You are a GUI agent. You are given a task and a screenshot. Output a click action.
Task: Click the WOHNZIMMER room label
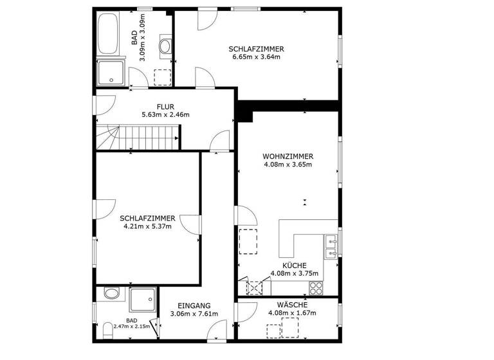[288, 156]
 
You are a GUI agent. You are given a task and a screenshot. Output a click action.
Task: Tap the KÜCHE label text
[294, 265]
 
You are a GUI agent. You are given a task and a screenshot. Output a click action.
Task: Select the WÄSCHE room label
[291, 305]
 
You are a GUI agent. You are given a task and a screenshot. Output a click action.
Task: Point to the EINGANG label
[194, 305]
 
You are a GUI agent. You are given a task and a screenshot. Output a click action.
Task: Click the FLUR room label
[165, 107]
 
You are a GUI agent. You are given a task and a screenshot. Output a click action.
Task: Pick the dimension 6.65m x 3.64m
[256, 57]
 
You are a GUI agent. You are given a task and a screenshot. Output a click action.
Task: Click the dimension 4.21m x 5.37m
[147, 226]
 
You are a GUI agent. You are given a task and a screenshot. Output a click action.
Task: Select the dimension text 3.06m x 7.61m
[194, 314]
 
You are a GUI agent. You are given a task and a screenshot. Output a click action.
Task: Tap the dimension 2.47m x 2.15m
[131, 327]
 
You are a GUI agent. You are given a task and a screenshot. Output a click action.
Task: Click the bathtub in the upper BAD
[108, 36]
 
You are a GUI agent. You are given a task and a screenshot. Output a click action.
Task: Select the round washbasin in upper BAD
[165, 46]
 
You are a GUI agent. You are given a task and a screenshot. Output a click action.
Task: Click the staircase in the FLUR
[136, 137]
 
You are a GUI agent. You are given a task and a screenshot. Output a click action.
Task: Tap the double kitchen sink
[331, 248]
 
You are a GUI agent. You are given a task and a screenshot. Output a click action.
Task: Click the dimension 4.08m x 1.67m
[291, 314]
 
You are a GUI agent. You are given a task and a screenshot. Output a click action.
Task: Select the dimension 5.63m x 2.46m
[165, 115]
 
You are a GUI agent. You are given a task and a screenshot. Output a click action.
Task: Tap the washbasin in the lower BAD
[111, 294]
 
